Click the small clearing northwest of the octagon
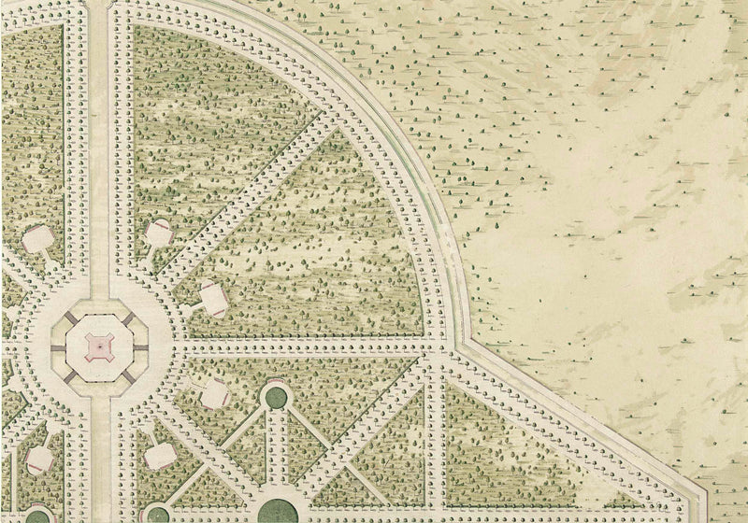point(37,237)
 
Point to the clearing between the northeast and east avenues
point(211,298)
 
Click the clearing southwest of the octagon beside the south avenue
point(37,458)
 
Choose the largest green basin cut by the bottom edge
point(274,511)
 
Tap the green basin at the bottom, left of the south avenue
point(37,516)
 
